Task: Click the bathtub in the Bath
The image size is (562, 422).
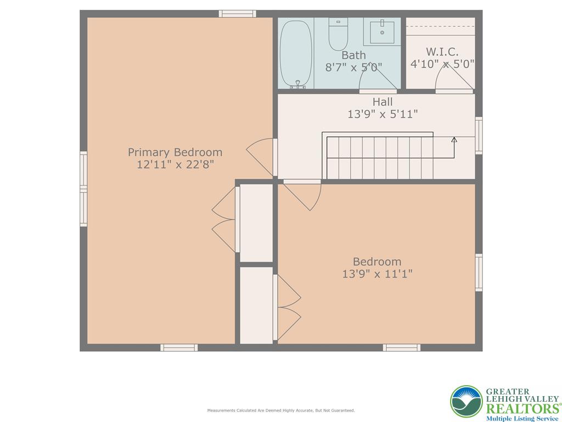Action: click(x=296, y=54)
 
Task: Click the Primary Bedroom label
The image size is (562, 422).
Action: click(x=175, y=152)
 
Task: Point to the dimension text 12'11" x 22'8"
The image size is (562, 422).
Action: click(x=175, y=164)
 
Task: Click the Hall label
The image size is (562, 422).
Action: click(x=383, y=102)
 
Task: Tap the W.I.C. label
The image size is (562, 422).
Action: click(x=442, y=52)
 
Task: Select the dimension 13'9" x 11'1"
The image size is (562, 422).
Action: click(x=377, y=274)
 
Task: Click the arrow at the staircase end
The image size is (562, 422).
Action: click(x=454, y=140)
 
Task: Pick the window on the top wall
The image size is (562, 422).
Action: click(x=237, y=14)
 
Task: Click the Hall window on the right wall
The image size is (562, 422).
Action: click(x=479, y=135)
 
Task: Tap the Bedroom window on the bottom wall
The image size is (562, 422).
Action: click(x=401, y=347)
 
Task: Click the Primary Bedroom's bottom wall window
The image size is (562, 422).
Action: click(x=179, y=347)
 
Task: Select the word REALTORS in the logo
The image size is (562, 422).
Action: click(x=521, y=408)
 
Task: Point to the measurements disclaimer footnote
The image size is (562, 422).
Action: click(x=280, y=410)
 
